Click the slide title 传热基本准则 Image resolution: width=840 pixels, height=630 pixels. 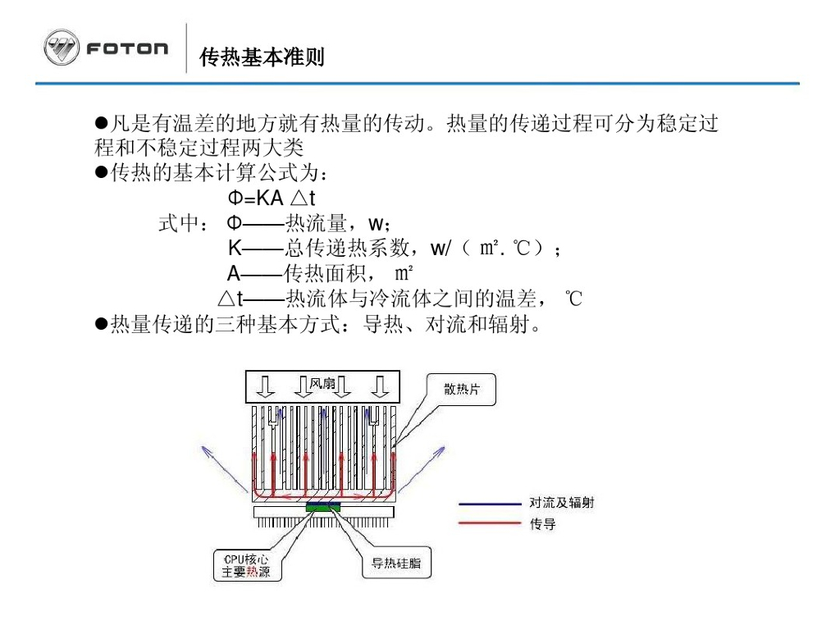[x=262, y=57]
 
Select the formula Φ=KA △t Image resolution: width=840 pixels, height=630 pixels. [x=272, y=198]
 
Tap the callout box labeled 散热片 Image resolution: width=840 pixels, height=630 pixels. [x=461, y=390]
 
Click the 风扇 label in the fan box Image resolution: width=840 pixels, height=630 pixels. [x=322, y=382]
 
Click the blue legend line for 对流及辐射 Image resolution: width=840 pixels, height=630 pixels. [x=489, y=503]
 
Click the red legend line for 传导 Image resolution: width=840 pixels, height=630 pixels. [x=489, y=523]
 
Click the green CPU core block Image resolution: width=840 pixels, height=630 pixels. [x=323, y=508]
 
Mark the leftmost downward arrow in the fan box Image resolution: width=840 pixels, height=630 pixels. [x=264, y=386]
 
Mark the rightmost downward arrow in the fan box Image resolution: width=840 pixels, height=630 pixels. [x=378, y=386]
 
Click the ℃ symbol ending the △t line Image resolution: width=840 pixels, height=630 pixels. [x=573, y=299]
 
